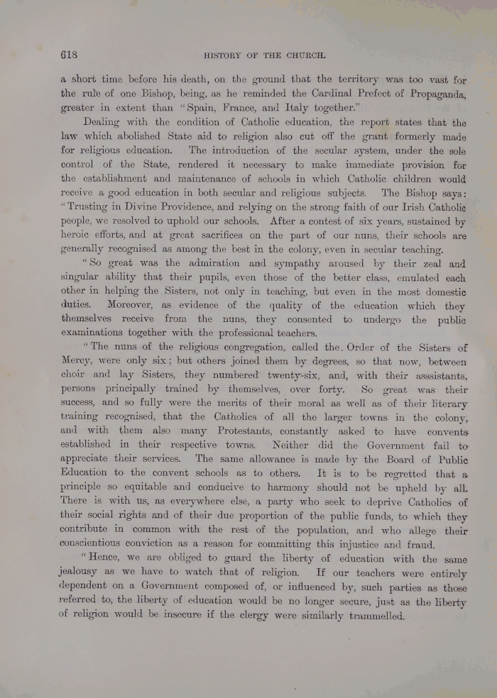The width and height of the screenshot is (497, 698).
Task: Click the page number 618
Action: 69,55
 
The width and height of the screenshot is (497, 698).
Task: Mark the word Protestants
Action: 230,431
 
